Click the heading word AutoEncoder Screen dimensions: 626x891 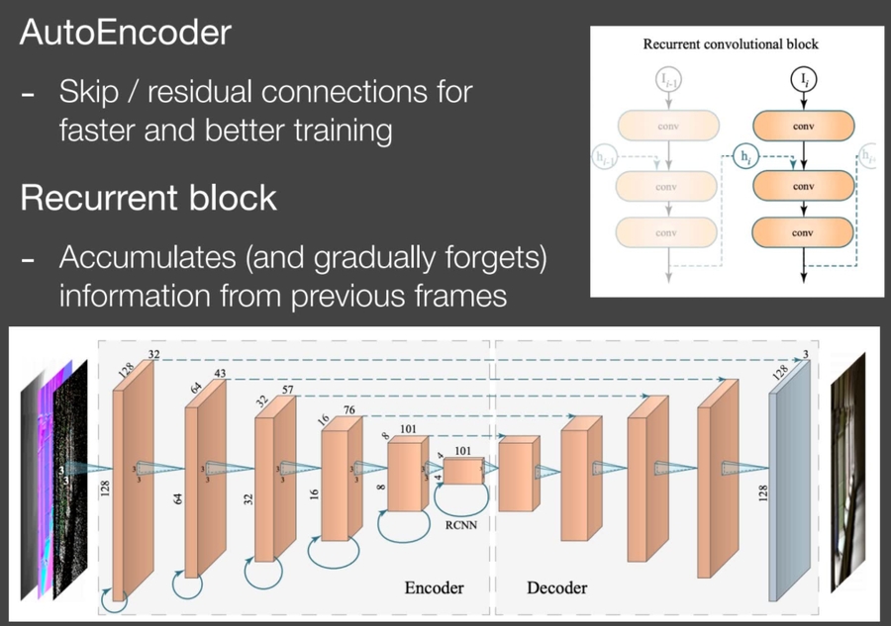point(125,34)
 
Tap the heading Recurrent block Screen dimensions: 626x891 point(148,198)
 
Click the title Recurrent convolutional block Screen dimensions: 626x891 point(731,45)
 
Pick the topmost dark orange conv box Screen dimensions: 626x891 point(803,126)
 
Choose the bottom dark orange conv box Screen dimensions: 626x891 point(803,231)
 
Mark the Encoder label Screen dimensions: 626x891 point(434,587)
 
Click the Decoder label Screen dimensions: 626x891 point(556,587)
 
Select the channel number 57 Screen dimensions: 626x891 point(287,392)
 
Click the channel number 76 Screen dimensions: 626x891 point(348,410)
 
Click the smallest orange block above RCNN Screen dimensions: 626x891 point(461,471)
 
